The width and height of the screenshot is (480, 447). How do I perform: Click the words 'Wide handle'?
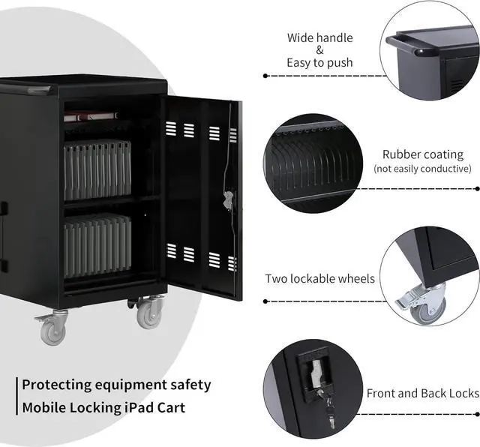319,37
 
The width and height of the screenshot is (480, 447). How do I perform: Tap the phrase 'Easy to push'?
319,62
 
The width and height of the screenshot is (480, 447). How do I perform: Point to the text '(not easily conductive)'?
422,169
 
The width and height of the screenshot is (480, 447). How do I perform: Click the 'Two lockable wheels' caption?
319,279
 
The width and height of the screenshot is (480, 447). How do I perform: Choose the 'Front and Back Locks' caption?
422,393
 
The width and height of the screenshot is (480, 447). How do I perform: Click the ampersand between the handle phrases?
319,50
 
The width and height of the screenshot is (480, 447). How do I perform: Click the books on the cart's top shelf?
91,116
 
